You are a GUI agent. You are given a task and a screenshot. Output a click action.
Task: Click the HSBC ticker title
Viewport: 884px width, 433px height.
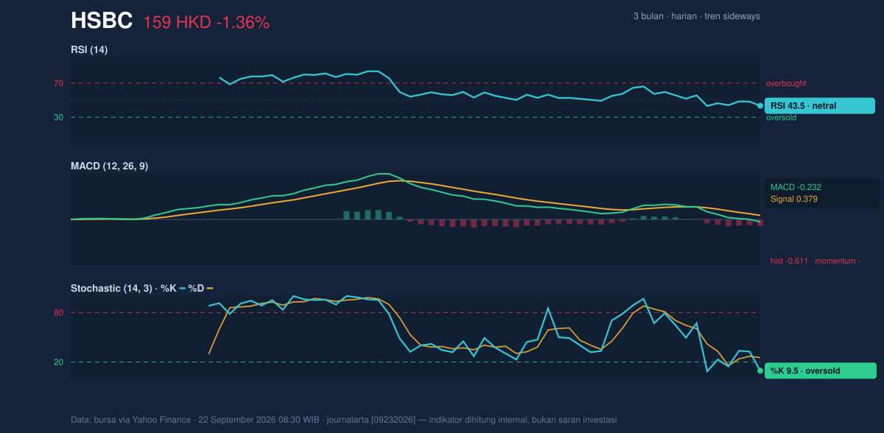point(102,21)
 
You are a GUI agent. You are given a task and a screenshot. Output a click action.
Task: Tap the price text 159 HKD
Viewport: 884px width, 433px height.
point(177,23)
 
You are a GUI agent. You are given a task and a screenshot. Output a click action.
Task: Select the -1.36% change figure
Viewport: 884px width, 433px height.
point(243,23)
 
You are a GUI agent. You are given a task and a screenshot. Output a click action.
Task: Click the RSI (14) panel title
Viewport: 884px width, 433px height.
point(89,49)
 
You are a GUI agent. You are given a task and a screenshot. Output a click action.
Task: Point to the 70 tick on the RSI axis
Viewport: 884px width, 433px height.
point(58,83)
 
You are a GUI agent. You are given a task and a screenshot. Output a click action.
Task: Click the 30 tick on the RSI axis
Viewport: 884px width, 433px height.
point(58,118)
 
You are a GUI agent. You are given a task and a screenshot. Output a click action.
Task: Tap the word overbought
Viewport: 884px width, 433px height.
point(786,84)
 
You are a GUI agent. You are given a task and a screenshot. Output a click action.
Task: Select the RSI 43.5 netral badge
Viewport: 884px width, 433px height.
point(820,106)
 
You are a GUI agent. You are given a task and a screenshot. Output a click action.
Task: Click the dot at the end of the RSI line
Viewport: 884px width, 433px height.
point(760,106)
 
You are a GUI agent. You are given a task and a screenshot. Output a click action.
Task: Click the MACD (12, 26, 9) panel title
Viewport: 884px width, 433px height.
point(109,166)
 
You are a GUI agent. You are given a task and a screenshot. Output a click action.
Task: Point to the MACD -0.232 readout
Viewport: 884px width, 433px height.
point(796,187)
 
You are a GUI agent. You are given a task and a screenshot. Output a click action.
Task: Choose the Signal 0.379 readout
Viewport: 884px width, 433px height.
point(794,199)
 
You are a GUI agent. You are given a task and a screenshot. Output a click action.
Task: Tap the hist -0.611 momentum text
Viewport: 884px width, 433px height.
point(815,261)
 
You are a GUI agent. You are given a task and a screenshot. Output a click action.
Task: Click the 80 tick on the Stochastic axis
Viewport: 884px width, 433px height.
point(58,313)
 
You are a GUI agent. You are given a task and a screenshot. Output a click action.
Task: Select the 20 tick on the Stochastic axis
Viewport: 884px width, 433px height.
point(58,362)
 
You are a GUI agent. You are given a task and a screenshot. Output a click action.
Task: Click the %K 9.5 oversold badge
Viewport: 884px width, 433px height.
point(821,370)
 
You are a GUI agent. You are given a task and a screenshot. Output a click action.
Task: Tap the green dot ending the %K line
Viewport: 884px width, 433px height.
point(760,370)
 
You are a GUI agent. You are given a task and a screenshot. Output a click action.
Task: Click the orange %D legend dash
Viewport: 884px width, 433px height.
point(210,289)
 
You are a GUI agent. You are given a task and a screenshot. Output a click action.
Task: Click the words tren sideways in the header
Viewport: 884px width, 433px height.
point(732,16)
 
